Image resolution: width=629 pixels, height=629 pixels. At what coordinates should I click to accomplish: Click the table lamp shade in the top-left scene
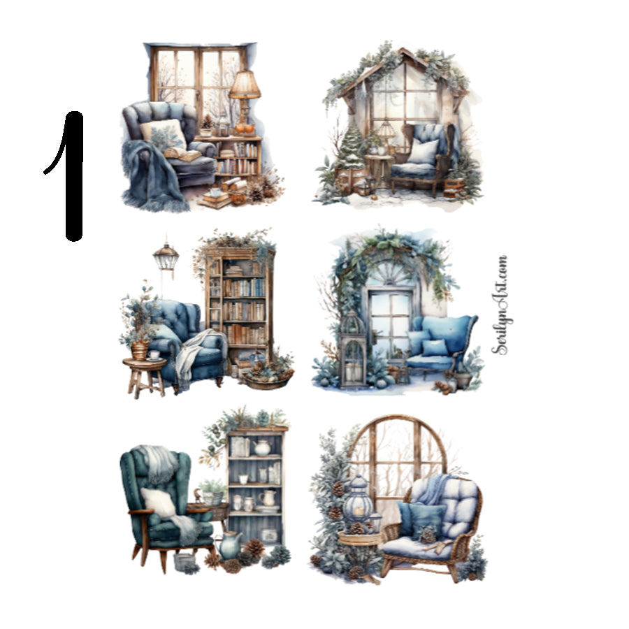(245, 85)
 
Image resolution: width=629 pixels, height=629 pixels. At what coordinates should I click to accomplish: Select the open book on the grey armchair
(182, 154)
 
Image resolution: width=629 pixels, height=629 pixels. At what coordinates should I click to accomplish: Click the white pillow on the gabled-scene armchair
(424, 151)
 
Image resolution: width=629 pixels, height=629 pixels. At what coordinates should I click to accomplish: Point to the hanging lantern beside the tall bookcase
(166, 257)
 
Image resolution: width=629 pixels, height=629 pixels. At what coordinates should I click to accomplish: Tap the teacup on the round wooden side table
(154, 355)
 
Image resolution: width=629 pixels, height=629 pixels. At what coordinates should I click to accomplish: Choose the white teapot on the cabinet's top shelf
(262, 447)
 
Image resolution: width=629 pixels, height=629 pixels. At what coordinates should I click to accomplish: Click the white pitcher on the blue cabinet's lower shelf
(268, 498)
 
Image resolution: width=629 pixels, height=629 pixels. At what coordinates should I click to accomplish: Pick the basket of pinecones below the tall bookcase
(267, 377)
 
